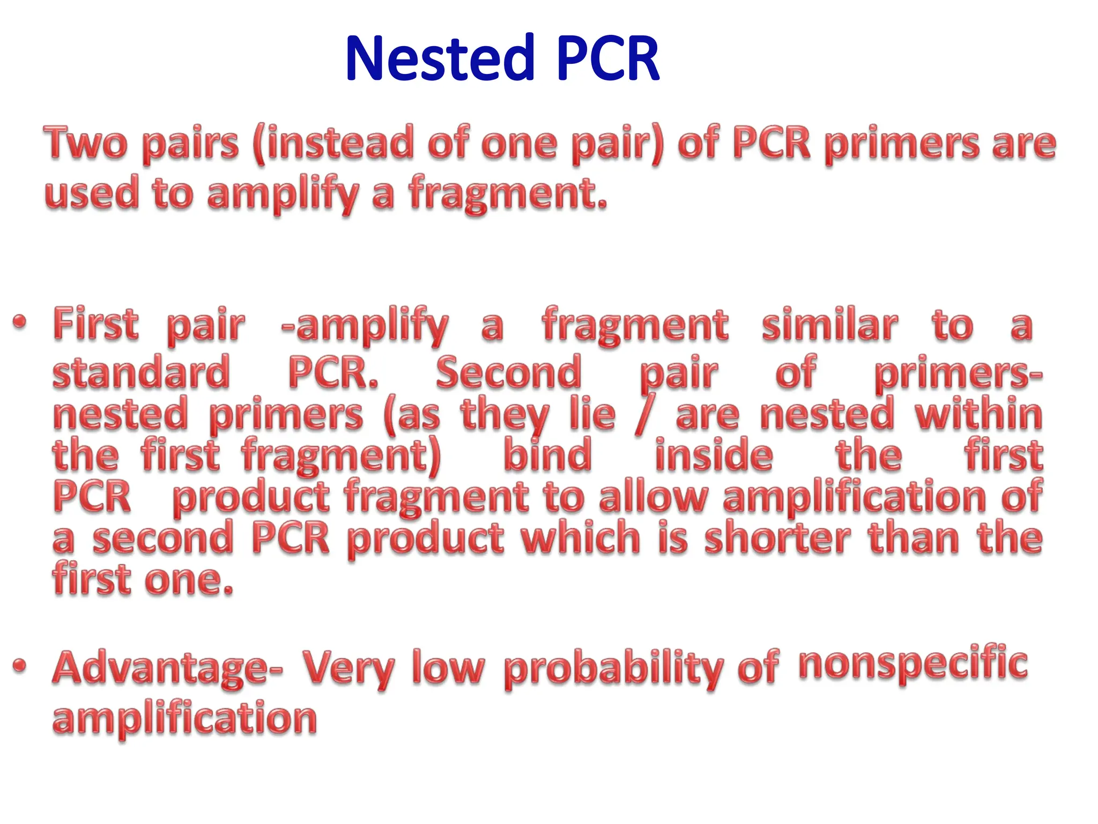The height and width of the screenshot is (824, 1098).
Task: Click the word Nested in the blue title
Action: point(440,58)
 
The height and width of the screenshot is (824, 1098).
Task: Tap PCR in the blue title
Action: point(607,58)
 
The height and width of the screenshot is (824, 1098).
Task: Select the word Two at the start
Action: point(86,144)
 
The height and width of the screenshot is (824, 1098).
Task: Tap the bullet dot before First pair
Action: point(20,322)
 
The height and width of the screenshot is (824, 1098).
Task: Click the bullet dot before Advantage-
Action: point(20,666)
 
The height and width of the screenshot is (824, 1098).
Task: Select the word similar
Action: point(829,325)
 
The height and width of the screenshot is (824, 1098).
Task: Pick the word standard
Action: point(141,372)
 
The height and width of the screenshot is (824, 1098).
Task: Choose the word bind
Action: point(547,455)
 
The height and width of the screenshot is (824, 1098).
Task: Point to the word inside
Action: point(714,455)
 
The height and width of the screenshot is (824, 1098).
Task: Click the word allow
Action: point(654,497)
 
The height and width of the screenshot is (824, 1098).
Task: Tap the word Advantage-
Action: point(168,669)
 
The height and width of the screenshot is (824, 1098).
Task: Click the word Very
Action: point(348,668)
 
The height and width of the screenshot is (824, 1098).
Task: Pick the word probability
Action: point(614,669)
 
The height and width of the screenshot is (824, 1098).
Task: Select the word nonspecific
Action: point(912,665)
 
